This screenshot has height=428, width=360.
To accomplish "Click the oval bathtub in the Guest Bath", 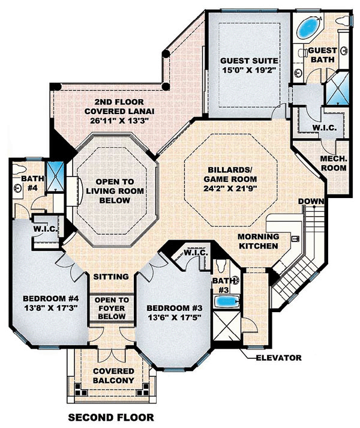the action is click(x=309, y=28).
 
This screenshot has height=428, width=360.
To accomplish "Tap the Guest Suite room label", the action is click(x=249, y=61).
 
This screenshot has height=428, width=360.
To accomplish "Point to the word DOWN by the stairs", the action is click(x=311, y=202).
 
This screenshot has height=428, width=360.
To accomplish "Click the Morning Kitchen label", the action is click(x=258, y=241).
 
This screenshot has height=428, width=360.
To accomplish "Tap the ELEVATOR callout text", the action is click(x=278, y=358).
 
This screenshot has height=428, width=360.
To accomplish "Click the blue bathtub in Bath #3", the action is click(x=227, y=301).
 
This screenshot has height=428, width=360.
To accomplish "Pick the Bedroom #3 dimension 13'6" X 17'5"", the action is click(x=175, y=318).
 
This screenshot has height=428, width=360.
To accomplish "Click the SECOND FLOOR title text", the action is click(x=111, y=417).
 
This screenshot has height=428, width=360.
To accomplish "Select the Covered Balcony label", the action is click(x=113, y=376).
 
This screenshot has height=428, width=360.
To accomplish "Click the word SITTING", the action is click(x=111, y=277).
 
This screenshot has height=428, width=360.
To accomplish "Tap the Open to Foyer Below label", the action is click(x=112, y=308).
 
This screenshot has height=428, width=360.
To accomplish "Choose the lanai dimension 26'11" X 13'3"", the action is click(x=119, y=121).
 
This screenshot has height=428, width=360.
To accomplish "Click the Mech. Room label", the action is click(x=334, y=163).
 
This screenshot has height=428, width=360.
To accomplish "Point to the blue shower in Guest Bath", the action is click(x=338, y=88).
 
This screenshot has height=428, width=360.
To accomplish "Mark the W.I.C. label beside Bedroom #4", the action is click(x=45, y=229).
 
